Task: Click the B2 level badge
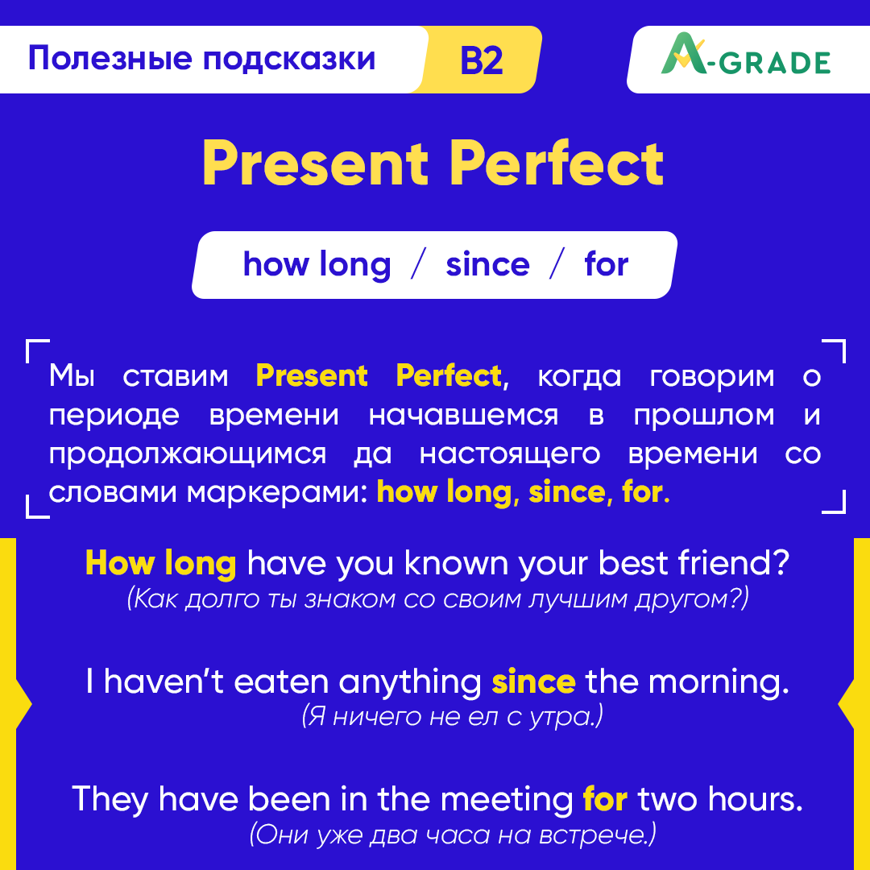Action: click(482, 60)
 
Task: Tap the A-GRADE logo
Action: click(745, 60)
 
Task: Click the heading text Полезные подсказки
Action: click(201, 59)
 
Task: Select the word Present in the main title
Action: click(315, 164)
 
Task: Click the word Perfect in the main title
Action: click(557, 164)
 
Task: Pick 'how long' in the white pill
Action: click(317, 265)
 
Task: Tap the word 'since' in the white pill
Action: click(487, 265)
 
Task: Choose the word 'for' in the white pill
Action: click(606, 265)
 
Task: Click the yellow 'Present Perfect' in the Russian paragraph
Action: click(379, 376)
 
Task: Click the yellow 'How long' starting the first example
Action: click(160, 564)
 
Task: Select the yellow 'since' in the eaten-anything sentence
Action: click(533, 682)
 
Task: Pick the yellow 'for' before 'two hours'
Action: click(605, 798)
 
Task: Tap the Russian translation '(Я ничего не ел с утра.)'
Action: click(452, 716)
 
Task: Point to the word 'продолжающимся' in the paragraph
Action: click(187, 454)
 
